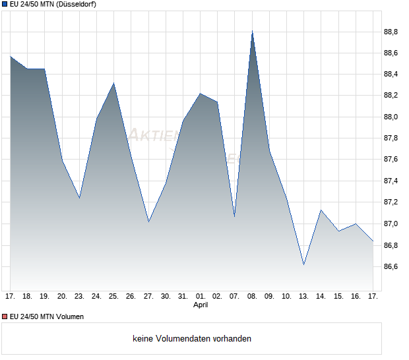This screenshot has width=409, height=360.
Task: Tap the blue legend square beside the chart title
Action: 4,5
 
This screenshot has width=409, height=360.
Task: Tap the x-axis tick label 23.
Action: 79,296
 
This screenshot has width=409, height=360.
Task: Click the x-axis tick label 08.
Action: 252,296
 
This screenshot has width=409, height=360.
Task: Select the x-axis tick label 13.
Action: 303,296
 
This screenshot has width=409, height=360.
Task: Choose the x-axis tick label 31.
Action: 183,296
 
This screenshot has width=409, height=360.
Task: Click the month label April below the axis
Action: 201,305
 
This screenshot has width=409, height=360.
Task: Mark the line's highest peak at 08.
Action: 252,31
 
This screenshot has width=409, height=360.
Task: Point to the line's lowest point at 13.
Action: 303,264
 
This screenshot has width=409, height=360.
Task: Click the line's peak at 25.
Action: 113,83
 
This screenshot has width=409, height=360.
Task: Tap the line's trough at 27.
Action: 148,222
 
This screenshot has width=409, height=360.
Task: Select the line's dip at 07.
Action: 235,216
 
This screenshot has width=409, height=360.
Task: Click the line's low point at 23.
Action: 79,198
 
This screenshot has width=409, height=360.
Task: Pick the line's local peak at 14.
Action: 321,210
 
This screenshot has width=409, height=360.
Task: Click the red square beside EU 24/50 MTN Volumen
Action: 4,316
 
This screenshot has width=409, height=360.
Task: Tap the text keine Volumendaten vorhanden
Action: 192,339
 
